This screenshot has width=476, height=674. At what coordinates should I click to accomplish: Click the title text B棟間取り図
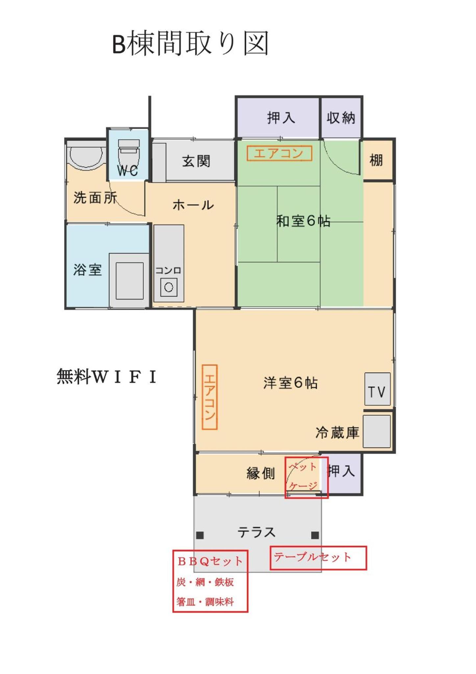pyautogui.click(x=190, y=43)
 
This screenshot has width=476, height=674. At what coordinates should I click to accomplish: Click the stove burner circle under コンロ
pyautogui.click(x=169, y=287)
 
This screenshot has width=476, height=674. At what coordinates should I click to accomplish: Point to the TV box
pyautogui.click(x=377, y=389)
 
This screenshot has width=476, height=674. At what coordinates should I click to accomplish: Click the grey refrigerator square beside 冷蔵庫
pyautogui.click(x=377, y=431)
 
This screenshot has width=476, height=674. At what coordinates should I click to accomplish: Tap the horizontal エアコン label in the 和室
pyautogui.click(x=279, y=153)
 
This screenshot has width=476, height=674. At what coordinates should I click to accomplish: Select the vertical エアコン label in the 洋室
pyautogui.click(x=210, y=397)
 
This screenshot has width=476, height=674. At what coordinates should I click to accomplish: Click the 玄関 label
pyautogui.click(x=196, y=161)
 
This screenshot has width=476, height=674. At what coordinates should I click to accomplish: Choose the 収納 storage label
pyautogui.click(x=341, y=117)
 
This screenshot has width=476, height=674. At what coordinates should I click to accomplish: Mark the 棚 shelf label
pyautogui.click(x=376, y=160)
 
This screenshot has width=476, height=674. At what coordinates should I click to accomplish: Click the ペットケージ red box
pyautogui.click(x=307, y=477)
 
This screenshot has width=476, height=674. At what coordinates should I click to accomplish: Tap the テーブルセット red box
pyautogui.click(x=318, y=558)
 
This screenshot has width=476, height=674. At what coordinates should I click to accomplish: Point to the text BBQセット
pyautogui.click(x=210, y=561)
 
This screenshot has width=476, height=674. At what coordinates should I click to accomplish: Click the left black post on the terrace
pyautogui.click(x=200, y=535)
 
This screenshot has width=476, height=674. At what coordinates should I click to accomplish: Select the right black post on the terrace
pyautogui.click(x=315, y=535)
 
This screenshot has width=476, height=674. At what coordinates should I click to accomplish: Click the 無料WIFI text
pyautogui.click(x=106, y=376)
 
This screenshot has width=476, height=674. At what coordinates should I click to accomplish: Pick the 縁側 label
pyautogui.click(x=261, y=473)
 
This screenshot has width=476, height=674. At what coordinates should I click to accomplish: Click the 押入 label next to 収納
pyautogui.click(x=281, y=117)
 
